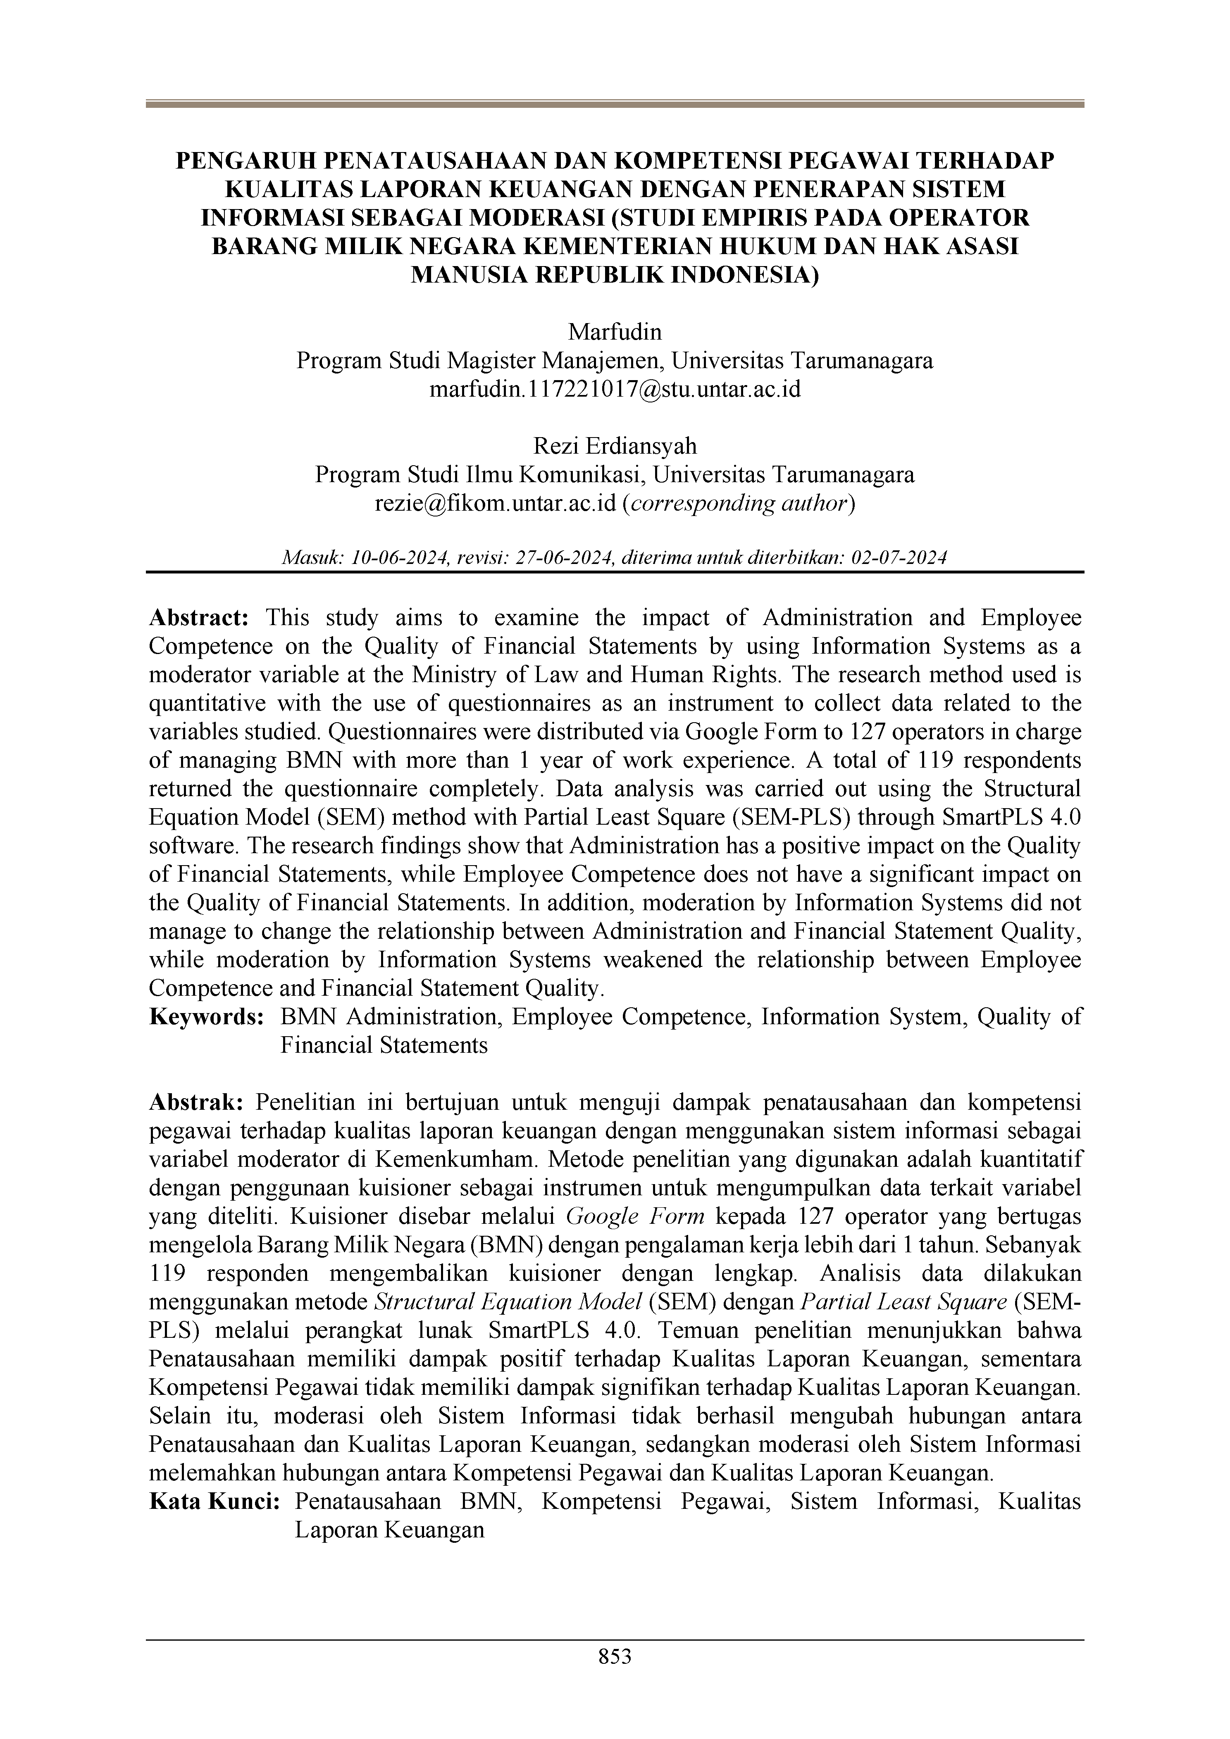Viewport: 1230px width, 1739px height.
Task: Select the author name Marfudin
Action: click(615, 332)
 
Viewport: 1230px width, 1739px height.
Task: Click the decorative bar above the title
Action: click(615, 104)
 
